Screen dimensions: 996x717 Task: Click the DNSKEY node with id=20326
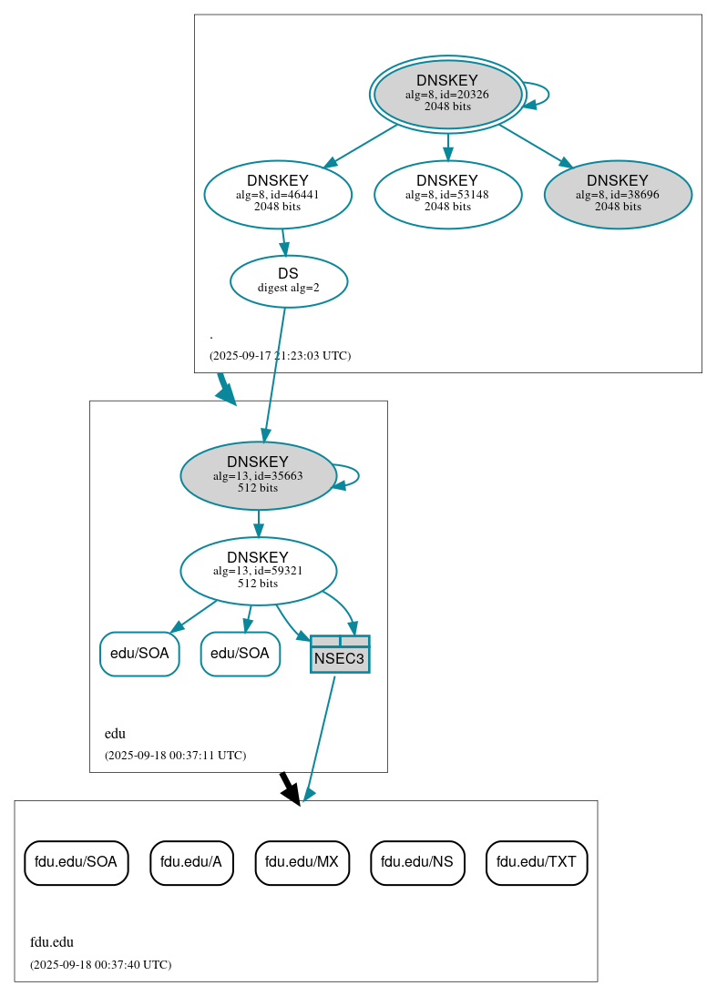point(447,94)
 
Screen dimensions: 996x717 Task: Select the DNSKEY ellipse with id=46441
point(278,194)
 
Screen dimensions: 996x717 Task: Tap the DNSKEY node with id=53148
point(447,194)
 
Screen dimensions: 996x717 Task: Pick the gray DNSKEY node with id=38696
point(618,194)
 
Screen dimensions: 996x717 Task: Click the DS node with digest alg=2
point(288,280)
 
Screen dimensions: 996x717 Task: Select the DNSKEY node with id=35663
point(258,475)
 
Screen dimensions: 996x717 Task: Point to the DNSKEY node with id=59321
point(258,571)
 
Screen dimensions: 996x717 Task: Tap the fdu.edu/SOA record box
point(76,862)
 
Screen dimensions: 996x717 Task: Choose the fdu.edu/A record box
point(191,862)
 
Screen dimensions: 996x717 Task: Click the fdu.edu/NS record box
point(417,862)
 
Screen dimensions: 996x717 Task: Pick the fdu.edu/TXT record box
point(537,862)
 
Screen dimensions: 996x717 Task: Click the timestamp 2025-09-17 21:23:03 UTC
point(280,356)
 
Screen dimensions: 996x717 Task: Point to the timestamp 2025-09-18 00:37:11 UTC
point(175,756)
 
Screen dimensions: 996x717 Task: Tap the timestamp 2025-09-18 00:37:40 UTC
point(100,964)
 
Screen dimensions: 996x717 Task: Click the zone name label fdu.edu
point(52,942)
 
